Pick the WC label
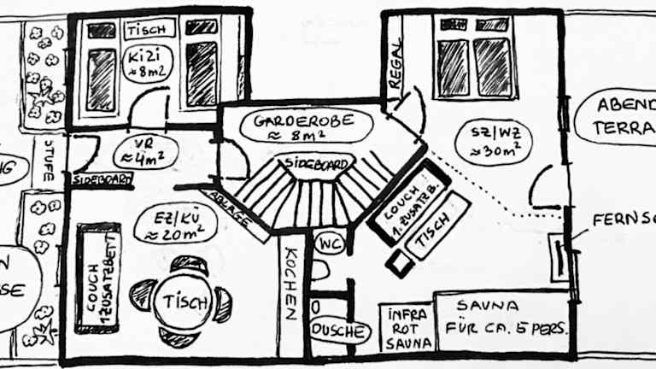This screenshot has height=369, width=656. pos(329,243)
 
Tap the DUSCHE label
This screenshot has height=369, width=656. pos(340,331)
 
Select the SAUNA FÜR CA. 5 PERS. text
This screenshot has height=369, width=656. pos(501,317)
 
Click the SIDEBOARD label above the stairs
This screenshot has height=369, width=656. pos(318,162)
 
